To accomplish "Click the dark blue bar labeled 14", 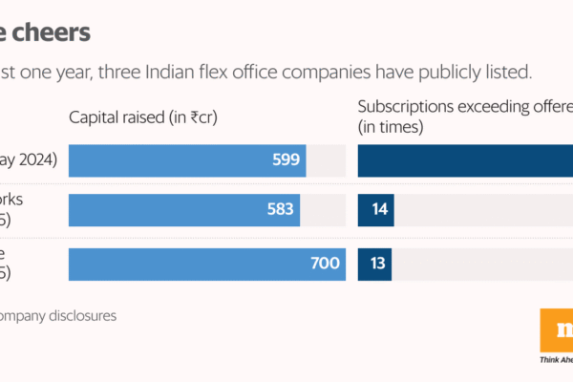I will click(x=368, y=209).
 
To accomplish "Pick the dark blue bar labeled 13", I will click(x=368, y=263).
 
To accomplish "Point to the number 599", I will click(x=286, y=160).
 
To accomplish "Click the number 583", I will click(x=281, y=209).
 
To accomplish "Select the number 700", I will click(x=326, y=263).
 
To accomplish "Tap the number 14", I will click(x=379, y=209).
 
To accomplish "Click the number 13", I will click(x=379, y=263).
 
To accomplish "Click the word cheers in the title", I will click(x=53, y=32).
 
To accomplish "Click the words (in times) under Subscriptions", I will click(x=391, y=126).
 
